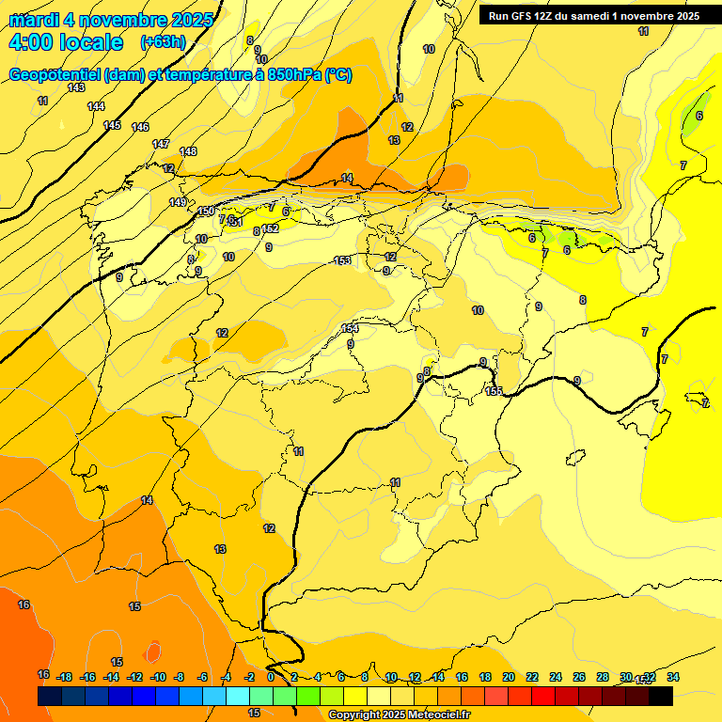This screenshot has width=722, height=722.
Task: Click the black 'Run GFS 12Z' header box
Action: tap(591, 16)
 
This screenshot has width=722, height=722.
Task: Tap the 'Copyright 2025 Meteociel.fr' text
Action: tap(399, 714)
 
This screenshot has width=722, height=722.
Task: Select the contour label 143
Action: tap(76, 87)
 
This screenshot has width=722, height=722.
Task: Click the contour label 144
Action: tap(96, 106)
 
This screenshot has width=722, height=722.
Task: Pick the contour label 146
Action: tap(140, 127)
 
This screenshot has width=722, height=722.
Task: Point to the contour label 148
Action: tap(188, 151)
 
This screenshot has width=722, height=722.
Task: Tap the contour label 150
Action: tap(206, 212)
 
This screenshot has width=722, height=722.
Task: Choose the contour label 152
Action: tap(271, 228)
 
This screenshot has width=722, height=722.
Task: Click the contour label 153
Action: tap(343, 260)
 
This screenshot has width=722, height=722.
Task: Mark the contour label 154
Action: tap(351, 328)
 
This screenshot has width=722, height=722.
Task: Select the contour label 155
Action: tap(494, 391)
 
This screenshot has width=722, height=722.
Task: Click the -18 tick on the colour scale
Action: tap(65, 677)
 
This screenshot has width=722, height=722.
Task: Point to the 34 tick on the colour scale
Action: tap(673, 677)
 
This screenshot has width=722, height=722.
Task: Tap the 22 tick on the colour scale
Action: tap(532, 677)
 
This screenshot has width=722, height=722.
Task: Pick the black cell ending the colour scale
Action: tap(661, 697)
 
